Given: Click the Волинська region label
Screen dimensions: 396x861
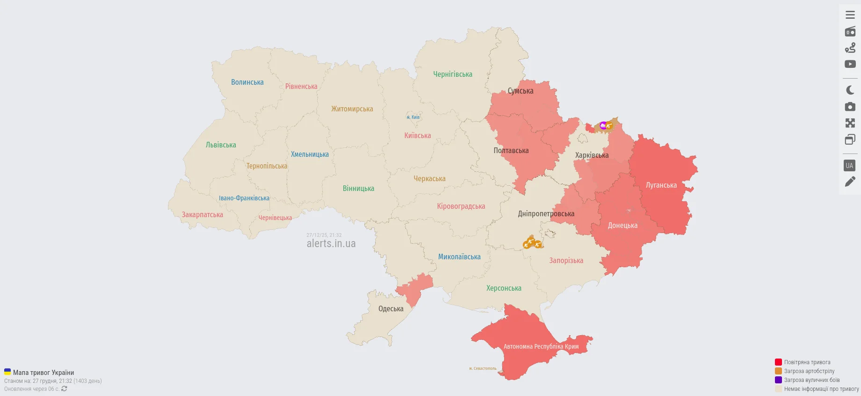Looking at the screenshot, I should click(247, 82).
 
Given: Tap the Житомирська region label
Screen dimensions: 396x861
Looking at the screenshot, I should click(352, 109).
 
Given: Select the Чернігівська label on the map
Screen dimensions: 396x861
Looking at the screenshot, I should click(452, 74).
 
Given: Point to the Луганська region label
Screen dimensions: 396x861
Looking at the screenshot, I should click(661, 185).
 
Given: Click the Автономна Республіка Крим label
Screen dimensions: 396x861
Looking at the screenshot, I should click(541, 347).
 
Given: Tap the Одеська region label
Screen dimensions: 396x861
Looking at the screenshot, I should click(391, 309).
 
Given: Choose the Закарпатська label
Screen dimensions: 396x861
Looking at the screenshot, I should click(202, 215).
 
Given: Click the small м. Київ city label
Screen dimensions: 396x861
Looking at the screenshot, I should click(413, 117).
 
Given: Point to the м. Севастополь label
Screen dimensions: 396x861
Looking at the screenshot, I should click(483, 369).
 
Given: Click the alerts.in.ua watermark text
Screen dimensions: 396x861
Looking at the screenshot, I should click(331, 244).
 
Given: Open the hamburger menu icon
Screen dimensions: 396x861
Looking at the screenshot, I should click(850, 15).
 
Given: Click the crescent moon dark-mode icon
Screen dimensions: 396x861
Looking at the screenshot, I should click(850, 90).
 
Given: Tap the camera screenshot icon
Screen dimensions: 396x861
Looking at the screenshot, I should click(850, 107).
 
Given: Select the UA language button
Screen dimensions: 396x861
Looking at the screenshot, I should click(849, 166).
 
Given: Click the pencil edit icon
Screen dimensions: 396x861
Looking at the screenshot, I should click(850, 182).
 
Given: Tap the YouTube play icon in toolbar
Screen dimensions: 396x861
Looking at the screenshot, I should click(850, 64).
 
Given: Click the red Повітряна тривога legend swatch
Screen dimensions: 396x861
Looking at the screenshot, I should click(778, 362).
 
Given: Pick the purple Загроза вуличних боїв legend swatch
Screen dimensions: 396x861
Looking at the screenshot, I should click(778, 380).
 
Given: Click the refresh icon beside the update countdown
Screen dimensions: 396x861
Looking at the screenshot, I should click(64, 389).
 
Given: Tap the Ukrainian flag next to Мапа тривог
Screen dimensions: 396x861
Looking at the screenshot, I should click(7, 372).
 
